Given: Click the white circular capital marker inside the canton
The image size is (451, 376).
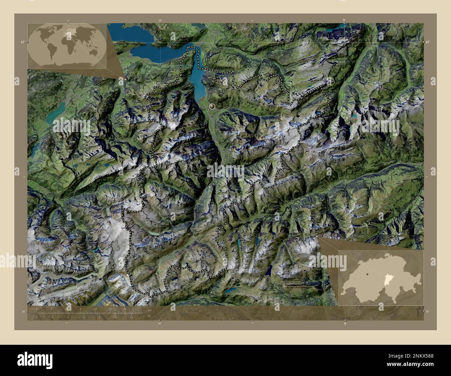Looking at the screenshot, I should click(x=212, y=106).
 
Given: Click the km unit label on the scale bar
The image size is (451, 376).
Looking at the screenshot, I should click(x=150, y=310).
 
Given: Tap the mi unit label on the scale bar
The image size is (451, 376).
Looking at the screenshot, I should click(x=150, y=316).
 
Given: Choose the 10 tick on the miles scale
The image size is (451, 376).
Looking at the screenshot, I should click(x=115, y=317).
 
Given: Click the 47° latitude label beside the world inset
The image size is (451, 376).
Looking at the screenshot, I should click(x=22, y=42).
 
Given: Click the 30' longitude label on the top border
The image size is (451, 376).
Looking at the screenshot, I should click(x=160, y=20).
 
